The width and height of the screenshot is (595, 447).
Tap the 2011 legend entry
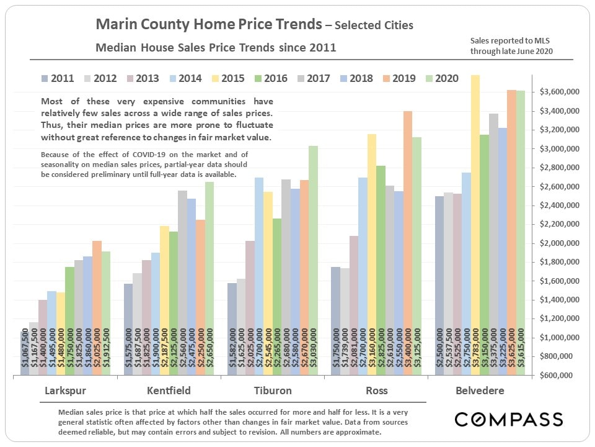[x=57, y=78]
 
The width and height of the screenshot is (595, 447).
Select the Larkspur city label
[x=65, y=391]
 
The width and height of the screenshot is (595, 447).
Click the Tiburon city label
[x=272, y=391]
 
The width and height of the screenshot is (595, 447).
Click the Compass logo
[x=509, y=420]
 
